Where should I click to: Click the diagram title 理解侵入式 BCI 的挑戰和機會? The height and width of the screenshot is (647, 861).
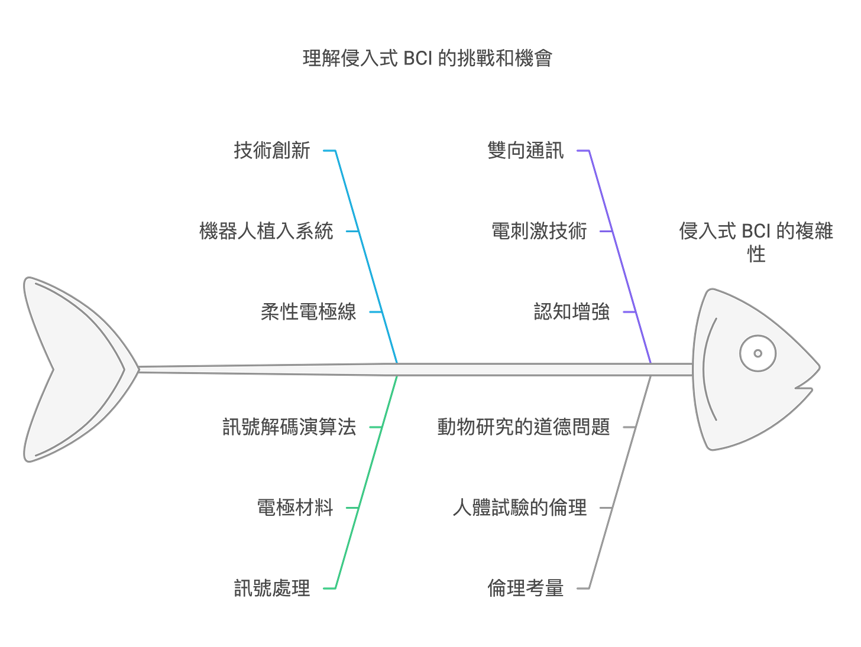[x=427, y=58]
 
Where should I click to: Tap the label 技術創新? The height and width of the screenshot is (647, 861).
[x=272, y=151]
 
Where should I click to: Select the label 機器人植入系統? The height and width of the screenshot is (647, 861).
[x=266, y=230]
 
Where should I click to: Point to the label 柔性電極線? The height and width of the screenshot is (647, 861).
[x=309, y=311]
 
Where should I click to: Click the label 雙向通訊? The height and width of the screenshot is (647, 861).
[x=526, y=151]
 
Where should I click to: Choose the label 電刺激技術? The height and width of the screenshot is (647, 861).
[x=539, y=230]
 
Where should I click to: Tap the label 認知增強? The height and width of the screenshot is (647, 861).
[x=571, y=311]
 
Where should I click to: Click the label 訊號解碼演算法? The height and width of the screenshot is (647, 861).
[x=289, y=427]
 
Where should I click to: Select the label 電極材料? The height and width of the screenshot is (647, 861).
[x=295, y=508]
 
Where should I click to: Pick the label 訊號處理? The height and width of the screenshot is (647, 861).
[x=272, y=588]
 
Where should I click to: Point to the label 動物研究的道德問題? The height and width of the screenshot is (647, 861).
[x=523, y=427]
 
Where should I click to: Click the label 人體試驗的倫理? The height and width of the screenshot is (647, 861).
[x=519, y=508]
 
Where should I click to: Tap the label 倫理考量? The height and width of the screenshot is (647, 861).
[x=526, y=588]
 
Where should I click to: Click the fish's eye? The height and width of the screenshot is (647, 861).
[x=758, y=353]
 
